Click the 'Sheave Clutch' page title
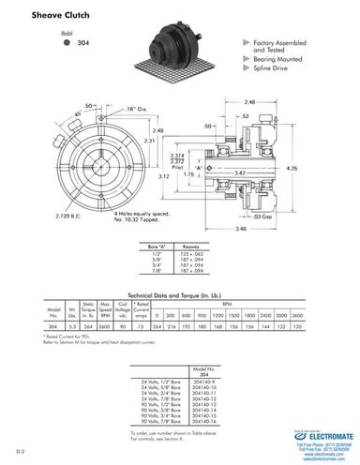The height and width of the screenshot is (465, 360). (x=48, y=16)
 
